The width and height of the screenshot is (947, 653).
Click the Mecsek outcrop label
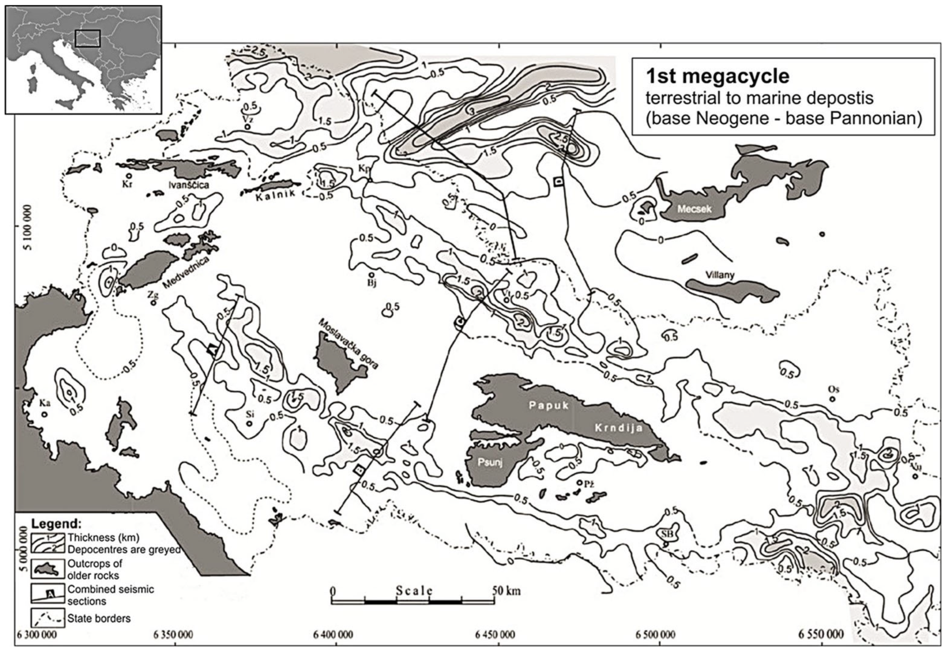(x=694, y=209)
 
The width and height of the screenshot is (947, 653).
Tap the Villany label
(x=720, y=275)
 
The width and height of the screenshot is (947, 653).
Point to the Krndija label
(x=619, y=428)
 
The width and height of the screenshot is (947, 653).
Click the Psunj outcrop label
(x=490, y=463)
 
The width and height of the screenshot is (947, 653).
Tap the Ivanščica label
(x=189, y=185)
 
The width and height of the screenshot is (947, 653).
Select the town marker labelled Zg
(x=153, y=303)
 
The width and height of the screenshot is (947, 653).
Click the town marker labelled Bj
(x=371, y=275)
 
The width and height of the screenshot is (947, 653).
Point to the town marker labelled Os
(x=832, y=399)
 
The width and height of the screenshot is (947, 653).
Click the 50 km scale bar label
(x=506, y=591)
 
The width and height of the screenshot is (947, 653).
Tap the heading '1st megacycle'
(x=717, y=77)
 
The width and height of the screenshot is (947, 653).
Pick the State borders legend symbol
(x=48, y=618)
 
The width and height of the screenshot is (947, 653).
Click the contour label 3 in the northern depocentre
(x=472, y=112)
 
